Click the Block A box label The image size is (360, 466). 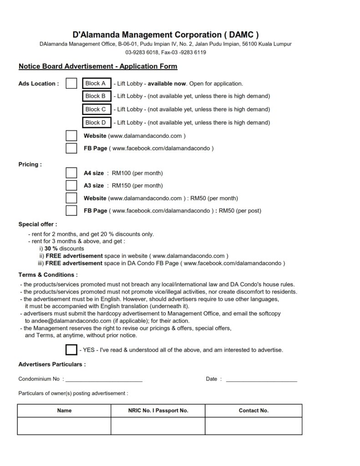coord(96,83)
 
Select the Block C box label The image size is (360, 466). coord(96,109)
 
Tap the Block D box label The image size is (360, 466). coord(96,122)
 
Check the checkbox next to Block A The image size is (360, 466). coord(71,84)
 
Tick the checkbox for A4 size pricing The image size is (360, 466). coord(71,173)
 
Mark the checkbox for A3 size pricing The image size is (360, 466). coord(71,186)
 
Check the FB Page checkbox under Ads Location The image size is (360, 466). coord(71,148)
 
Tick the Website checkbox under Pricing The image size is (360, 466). coord(71,198)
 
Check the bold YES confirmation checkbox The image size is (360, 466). coord(71,350)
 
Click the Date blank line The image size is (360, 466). coord(261,379)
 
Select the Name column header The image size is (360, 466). coord(64,410)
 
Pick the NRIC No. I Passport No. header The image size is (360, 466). coord(158,410)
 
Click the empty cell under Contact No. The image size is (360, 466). coord(254,426)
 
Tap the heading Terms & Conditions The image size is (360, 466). coord(48,275)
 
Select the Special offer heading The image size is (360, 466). coord(38,224)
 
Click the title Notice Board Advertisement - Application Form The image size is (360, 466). coord(98,66)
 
